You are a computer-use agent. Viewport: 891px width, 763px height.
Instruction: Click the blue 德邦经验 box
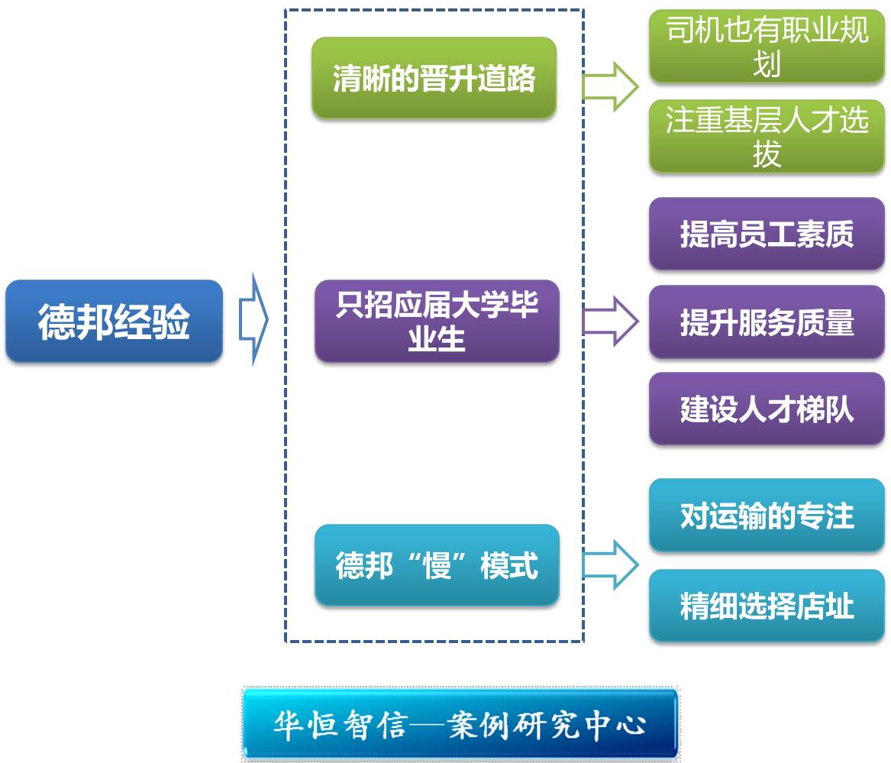point(114,321)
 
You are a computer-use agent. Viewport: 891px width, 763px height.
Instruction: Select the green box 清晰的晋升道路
point(434,78)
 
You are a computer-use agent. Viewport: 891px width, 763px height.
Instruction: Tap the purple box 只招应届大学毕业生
point(437,321)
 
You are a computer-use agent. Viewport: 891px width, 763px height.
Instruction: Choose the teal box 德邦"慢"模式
point(437,565)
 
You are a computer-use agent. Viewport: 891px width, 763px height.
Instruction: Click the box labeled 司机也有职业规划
point(767,47)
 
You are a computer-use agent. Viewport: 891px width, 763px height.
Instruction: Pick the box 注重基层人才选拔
point(767,137)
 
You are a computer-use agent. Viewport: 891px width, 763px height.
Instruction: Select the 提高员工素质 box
point(767,234)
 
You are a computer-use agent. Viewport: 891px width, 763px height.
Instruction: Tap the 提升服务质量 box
point(767,322)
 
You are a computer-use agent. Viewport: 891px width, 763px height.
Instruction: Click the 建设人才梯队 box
point(767,409)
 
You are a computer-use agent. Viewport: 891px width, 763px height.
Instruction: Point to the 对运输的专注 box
point(767,516)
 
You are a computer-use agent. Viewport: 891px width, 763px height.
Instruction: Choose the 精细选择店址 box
point(767,606)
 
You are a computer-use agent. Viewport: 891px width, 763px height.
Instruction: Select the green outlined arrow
point(611,86)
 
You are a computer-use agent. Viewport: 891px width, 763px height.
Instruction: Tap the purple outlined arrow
point(611,322)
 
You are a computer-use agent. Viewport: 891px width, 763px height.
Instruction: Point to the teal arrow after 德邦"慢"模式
point(611,565)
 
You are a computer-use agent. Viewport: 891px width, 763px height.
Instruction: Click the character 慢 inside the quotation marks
point(437,566)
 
